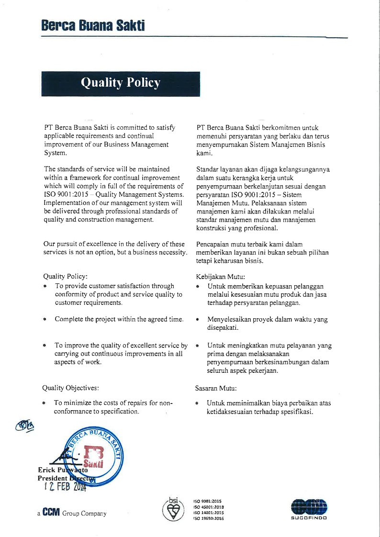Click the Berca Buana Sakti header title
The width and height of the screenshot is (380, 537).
tap(93, 25)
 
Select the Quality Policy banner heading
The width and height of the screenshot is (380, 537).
tap(121, 83)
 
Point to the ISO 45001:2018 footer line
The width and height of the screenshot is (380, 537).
tap(209, 507)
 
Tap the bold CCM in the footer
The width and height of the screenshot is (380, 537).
tap(51, 513)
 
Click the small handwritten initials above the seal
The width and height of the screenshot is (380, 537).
tap(25, 425)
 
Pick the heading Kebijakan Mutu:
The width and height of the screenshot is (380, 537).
tap(221, 277)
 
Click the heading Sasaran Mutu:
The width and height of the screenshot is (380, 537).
tap(216, 388)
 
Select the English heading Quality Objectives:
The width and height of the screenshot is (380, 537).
tap(71, 388)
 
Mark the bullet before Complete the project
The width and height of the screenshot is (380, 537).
tap(45, 319)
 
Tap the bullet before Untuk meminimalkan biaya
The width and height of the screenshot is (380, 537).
tap(198, 403)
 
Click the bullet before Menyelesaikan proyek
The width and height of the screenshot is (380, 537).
tap(198, 319)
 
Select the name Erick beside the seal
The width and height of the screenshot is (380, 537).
tap(48, 471)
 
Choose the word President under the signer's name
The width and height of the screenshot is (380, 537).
tap(53, 478)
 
